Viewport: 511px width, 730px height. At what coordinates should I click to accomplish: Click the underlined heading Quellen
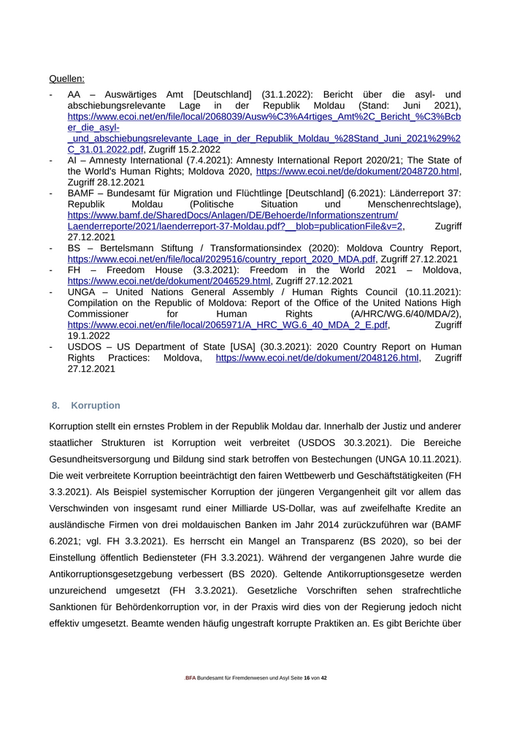pos(66,78)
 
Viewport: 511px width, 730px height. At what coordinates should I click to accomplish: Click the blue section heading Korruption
pos(96,406)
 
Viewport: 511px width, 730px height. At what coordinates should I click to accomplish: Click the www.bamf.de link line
pos(233,216)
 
